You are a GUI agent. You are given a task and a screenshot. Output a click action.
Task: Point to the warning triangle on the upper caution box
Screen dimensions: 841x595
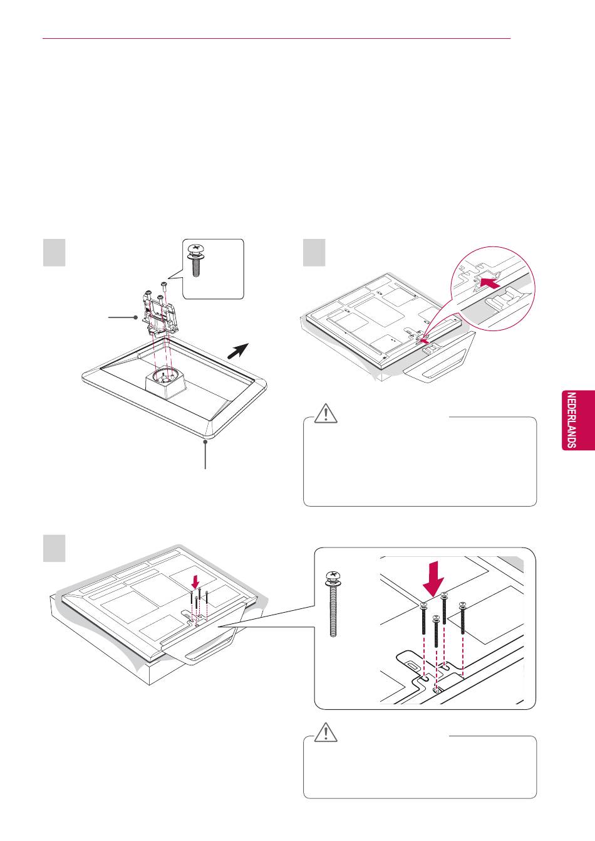(326, 414)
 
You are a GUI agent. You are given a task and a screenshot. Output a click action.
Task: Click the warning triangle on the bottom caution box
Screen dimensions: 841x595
(326, 732)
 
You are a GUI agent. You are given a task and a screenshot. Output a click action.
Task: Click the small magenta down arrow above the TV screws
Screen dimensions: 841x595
(196, 577)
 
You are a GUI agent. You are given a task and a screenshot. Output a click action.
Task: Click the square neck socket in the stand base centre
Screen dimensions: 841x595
(164, 381)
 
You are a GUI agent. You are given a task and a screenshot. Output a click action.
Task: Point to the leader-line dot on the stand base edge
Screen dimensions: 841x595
(205, 442)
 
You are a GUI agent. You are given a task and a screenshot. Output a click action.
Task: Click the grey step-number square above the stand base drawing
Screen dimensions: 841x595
(54, 252)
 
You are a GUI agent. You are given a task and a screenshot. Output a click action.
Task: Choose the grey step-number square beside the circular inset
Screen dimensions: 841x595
(314, 252)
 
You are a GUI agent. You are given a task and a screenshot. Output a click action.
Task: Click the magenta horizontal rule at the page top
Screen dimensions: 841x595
(276, 38)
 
